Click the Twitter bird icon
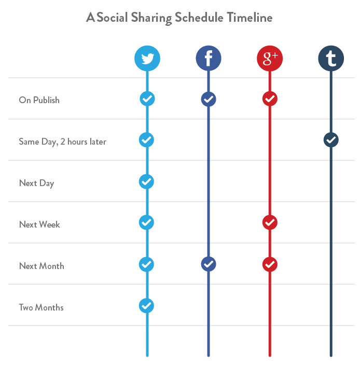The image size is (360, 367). [x=147, y=59]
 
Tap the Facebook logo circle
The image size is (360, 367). [x=209, y=59]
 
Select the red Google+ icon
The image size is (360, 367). [x=270, y=59]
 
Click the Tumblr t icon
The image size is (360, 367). [x=331, y=59]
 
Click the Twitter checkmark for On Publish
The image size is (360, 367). [x=147, y=98]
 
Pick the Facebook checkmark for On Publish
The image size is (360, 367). [x=209, y=98]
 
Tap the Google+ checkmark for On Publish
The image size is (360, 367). [x=270, y=98]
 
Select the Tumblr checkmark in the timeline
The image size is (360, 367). [x=331, y=139]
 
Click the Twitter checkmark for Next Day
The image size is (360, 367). [x=147, y=181]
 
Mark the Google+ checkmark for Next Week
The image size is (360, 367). [x=270, y=222]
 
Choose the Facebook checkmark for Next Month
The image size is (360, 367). [x=209, y=264]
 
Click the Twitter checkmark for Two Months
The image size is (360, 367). [x=147, y=305]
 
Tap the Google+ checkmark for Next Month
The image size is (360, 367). [x=270, y=264]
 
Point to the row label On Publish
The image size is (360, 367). [x=39, y=100]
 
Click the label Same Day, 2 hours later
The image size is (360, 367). [x=62, y=142]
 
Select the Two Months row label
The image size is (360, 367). [x=41, y=307]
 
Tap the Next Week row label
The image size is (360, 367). [x=39, y=224]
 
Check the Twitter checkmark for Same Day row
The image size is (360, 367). [x=147, y=139]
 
